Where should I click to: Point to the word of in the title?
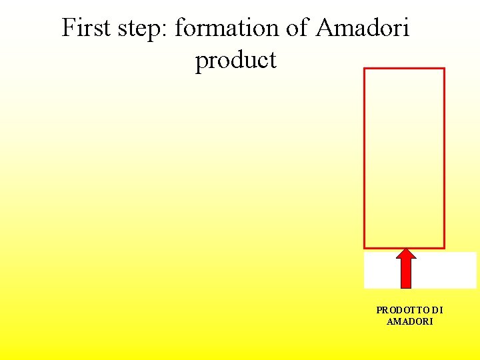coord(300,28)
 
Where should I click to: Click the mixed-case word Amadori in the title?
coord(363,28)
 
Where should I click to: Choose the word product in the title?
coord(235,61)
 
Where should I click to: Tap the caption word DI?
coord(437,310)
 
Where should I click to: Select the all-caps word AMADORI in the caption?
coord(409,321)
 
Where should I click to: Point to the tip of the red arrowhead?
coord(406,250)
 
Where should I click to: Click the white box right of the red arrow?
coord(446,270)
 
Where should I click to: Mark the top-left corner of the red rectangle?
coord(364,69)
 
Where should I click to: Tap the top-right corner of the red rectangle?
coord(444,69)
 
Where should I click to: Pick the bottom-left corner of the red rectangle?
coord(364,248)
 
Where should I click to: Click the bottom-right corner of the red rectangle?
coord(444,248)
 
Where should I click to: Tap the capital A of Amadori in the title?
coord(325,28)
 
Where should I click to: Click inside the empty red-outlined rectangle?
coord(404,158)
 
